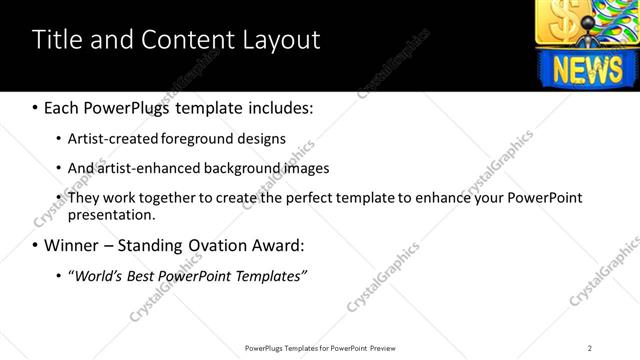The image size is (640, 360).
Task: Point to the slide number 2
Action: pyautogui.click(x=590, y=348)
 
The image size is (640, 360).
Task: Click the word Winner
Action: pyautogui.click(x=75, y=245)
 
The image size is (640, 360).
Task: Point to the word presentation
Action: pyautogui.click(x=111, y=214)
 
